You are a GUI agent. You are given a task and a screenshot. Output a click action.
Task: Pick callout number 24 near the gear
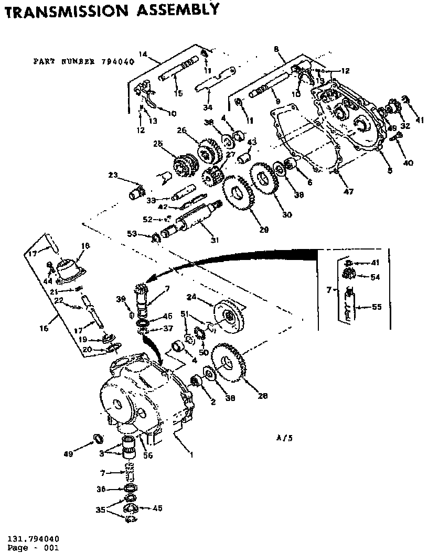pyautogui.click(x=191, y=297)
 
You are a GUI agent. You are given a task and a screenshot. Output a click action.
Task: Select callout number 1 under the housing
pyautogui.click(x=191, y=455)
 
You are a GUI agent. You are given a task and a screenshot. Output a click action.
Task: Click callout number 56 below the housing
pyautogui.click(x=148, y=456)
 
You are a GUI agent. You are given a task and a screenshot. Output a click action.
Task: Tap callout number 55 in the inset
pyautogui.click(x=377, y=307)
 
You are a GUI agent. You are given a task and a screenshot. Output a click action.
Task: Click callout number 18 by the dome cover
pyautogui.click(x=87, y=245)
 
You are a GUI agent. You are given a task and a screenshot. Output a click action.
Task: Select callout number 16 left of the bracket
pyautogui.click(x=44, y=329)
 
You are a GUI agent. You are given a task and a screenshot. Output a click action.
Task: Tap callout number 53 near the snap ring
pyautogui.click(x=132, y=234)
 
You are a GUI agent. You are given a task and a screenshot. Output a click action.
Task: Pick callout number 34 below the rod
pyautogui.click(x=208, y=107)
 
